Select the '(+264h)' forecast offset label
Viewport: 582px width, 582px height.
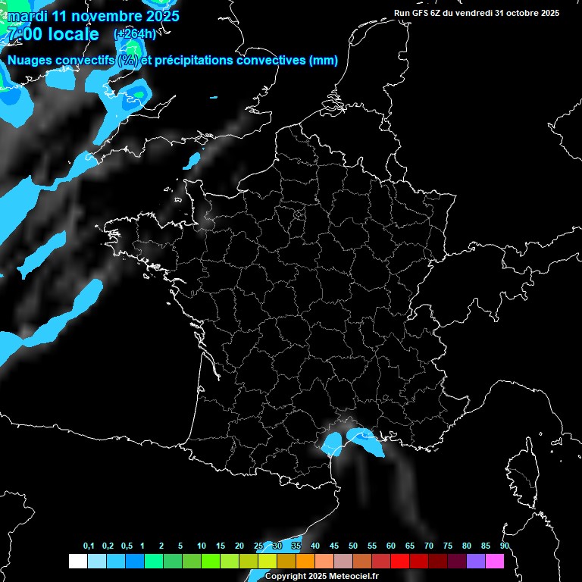pyautogui.click(x=135, y=34)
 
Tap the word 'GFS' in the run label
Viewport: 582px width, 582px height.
pyautogui.click(x=421, y=13)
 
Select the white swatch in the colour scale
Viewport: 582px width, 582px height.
pyautogui.click(x=77, y=562)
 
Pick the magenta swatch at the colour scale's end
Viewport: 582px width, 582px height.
pyautogui.click(x=495, y=562)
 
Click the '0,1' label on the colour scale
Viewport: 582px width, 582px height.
pyautogui.click(x=89, y=546)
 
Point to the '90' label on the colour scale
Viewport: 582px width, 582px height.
pyautogui.click(x=505, y=546)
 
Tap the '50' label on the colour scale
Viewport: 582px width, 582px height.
pyautogui.click(x=353, y=546)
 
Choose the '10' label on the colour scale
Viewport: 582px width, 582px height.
pyautogui.click(x=202, y=546)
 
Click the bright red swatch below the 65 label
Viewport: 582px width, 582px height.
pyautogui.click(x=400, y=562)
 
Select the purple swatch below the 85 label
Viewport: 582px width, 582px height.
pyautogui.click(x=476, y=562)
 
